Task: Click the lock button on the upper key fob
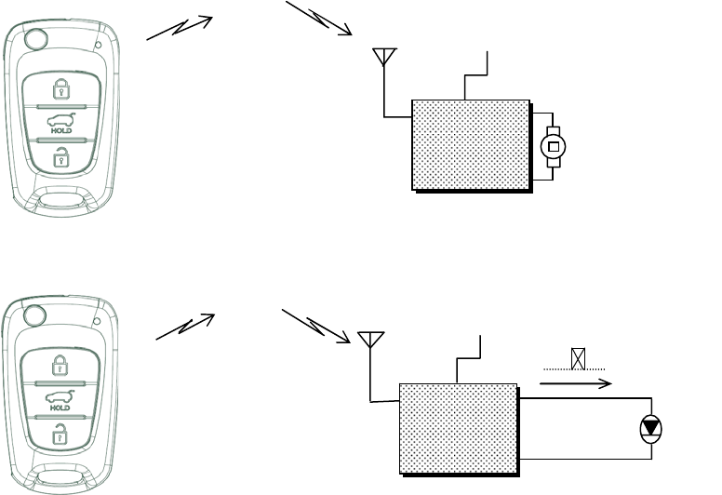[60, 89]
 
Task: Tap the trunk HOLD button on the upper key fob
[60, 124]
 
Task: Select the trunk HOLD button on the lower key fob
[60, 399]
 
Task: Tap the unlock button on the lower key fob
[60, 432]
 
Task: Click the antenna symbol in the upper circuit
[382, 59]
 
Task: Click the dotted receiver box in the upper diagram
[471, 143]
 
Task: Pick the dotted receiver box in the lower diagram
[458, 428]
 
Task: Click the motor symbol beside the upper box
[554, 147]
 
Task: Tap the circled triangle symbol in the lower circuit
[650, 429]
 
